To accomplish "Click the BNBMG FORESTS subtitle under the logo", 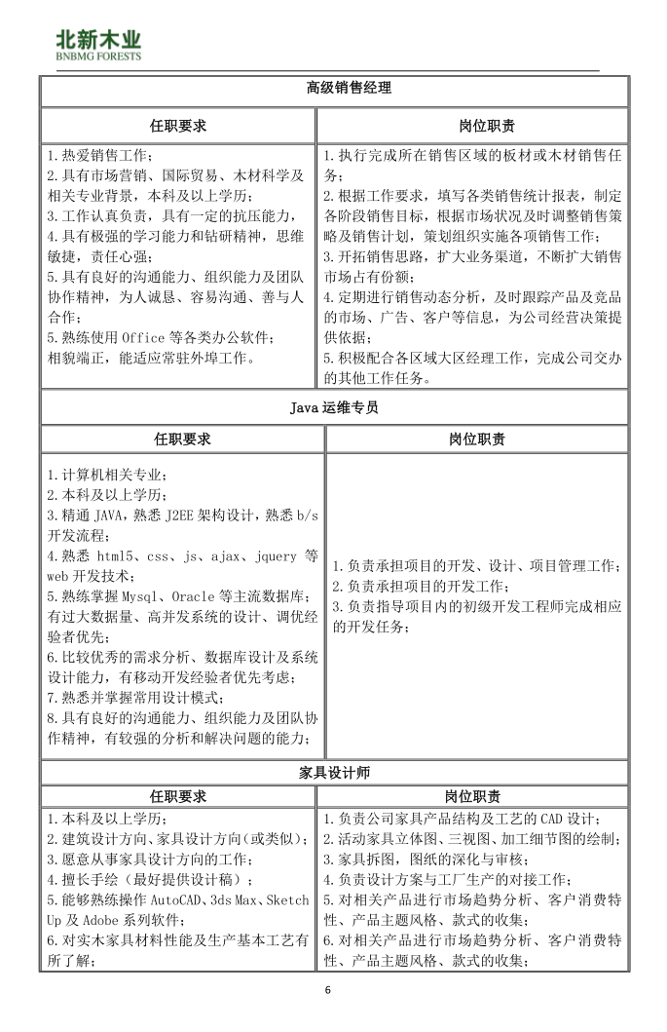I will (98, 57).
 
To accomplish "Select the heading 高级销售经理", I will (334, 89).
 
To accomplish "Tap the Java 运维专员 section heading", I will (334, 408).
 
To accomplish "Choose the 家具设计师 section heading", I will (334, 773).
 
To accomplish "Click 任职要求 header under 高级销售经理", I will (178, 126).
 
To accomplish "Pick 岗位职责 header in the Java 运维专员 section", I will (477, 440).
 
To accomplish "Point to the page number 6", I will (328, 991).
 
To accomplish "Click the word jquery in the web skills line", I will (275, 556).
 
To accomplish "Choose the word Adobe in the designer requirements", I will (102, 919).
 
